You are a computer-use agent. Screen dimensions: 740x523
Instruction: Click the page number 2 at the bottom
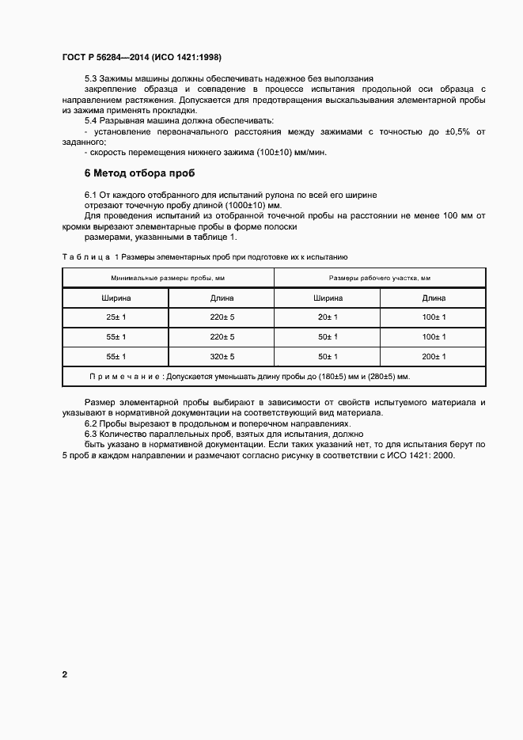click(x=64, y=675)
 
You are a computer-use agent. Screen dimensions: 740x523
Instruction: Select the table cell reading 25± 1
click(x=116, y=317)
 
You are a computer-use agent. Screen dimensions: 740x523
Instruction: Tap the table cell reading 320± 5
click(x=222, y=357)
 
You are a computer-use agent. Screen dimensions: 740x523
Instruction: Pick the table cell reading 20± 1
click(x=328, y=317)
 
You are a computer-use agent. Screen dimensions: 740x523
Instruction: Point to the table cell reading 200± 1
click(x=434, y=357)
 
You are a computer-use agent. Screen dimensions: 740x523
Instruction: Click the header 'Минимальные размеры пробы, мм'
click(x=169, y=278)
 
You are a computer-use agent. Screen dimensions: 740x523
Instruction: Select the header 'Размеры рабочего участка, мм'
click(x=380, y=278)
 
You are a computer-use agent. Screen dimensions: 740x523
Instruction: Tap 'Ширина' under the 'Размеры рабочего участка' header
click(x=328, y=298)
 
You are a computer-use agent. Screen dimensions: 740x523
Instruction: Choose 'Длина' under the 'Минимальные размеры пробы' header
click(x=222, y=298)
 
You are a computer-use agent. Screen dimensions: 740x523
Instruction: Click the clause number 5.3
click(x=91, y=79)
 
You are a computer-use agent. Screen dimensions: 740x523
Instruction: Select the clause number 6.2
click(x=91, y=423)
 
